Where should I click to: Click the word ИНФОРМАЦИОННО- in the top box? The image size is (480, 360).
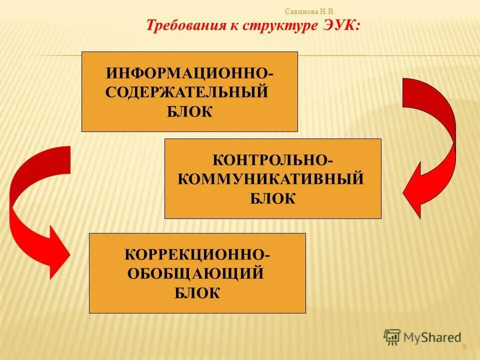point(189,73)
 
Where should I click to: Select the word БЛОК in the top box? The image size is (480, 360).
point(189,111)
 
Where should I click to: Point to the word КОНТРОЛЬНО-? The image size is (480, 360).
point(272,160)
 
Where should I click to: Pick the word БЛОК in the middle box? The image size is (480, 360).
point(272,198)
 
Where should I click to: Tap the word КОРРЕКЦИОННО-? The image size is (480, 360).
point(197,254)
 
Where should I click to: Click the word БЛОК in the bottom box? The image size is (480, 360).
point(197,292)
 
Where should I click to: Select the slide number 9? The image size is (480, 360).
point(464,347)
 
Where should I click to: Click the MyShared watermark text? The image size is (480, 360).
point(432,337)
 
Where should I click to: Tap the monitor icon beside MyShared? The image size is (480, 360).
point(392,337)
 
